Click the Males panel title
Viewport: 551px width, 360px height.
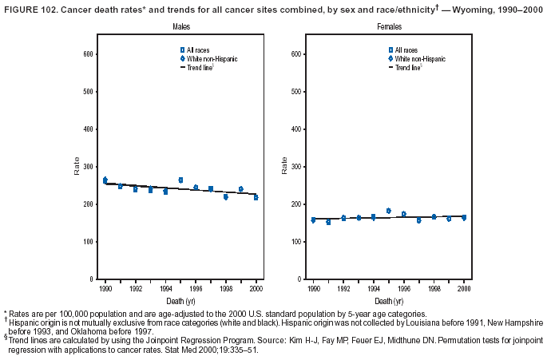click(x=180, y=27)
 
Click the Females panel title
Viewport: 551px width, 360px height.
click(x=389, y=27)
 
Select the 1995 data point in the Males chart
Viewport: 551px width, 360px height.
click(x=180, y=180)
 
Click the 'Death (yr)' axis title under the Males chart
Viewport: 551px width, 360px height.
click(x=180, y=301)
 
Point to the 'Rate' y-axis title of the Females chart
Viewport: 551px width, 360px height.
click(x=283, y=167)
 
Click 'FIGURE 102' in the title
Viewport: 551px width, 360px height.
click(x=28, y=10)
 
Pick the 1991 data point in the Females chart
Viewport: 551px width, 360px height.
click(x=328, y=222)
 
